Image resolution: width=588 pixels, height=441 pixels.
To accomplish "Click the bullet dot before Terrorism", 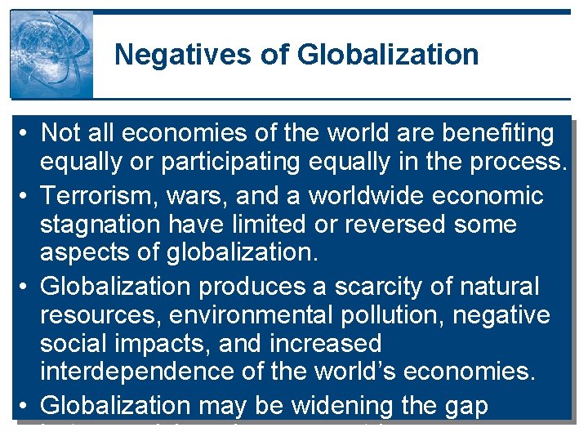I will point(27,197).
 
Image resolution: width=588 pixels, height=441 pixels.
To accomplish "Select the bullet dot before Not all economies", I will point(27,133).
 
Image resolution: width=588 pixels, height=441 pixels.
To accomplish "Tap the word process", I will point(519,163).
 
